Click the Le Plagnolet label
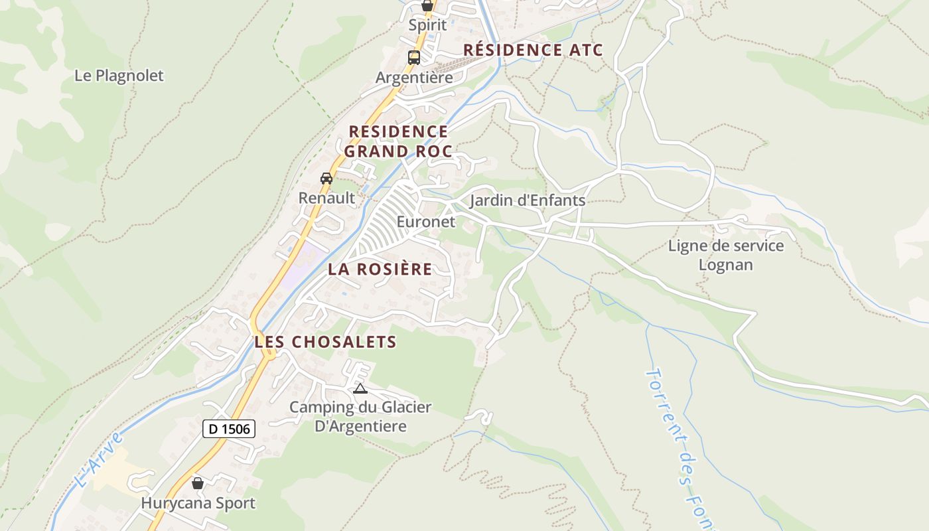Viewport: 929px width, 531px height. [x=119, y=76]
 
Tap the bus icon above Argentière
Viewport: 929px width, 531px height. [x=414, y=57]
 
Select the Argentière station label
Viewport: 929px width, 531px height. [x=414, y=78]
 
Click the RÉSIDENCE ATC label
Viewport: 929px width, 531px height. [x=533, y=50]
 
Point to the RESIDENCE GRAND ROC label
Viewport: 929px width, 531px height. [x=397, y=141]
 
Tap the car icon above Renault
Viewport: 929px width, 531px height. [x=326, y=178]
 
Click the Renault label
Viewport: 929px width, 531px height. [x=326, y=198]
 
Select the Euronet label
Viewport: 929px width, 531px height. [x=426, y=222]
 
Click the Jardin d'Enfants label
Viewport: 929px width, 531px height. [x=528, y=200]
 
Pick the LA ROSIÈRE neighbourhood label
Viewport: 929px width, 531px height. [x=380, y=269]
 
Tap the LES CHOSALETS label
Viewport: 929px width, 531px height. [x=325, y=342]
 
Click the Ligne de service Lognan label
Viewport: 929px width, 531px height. [x=726, y=256]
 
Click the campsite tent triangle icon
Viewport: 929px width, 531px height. [x=360, y=388]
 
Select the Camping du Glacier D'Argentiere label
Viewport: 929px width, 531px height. [x=360, y=416]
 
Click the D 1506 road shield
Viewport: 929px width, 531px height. [x=229, y=429]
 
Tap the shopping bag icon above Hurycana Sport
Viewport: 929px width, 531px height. [x=197, y=483]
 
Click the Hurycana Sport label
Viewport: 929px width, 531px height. [x=198, y=503]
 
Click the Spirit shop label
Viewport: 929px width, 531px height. [x=427, y=25]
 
